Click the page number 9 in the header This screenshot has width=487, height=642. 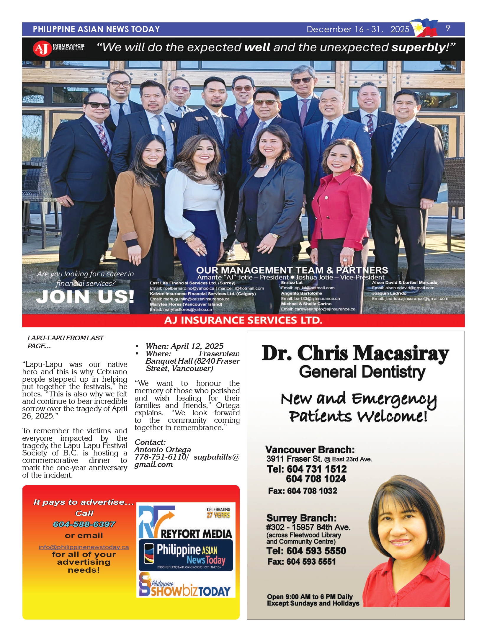(448, 28)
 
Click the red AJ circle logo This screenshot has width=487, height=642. (42, 48)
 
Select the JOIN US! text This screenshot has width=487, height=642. (85, 297)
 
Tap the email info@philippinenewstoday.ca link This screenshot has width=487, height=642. (84, 547)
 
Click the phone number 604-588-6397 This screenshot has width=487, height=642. (84, 524)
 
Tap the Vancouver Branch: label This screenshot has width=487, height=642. (310, 450)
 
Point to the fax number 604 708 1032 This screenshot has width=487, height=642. (303, 491)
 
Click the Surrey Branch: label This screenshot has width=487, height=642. (301, 518)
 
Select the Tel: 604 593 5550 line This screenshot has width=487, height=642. (306, 551)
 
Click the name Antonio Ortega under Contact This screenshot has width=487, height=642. (163, 450)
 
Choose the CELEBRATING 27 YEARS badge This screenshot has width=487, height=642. (218, 513)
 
